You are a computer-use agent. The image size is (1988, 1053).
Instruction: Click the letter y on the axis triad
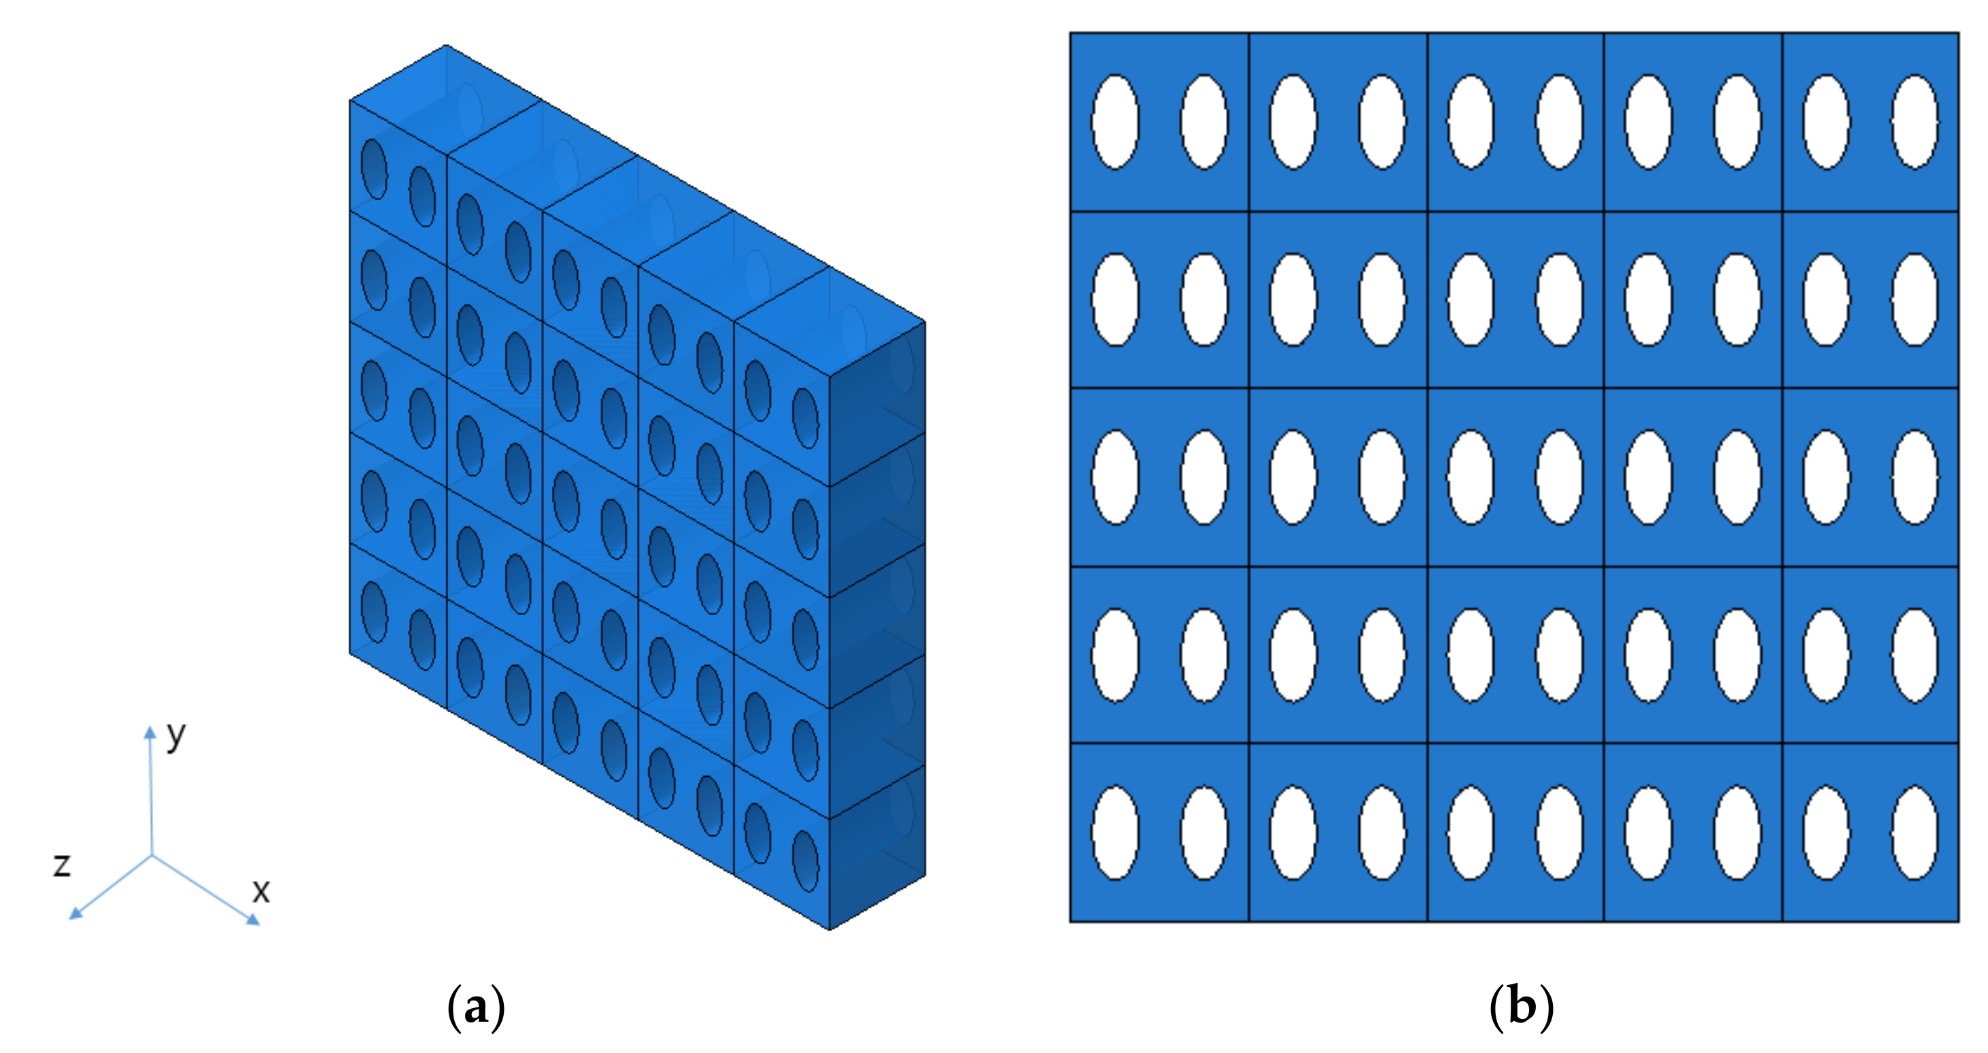tap(177, 737)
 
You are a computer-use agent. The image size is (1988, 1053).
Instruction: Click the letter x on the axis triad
tap(262, 892)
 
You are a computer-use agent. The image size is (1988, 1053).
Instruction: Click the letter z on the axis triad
tap(62, 865)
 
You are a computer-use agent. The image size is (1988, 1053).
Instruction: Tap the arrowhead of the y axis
tap(150, 732)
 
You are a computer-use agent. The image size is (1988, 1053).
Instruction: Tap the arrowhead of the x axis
tap(253, 919)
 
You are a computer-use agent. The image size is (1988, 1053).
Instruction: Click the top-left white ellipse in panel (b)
tap(1115, 121)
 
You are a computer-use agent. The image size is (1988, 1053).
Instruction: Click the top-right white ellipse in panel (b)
tap(1915, 121)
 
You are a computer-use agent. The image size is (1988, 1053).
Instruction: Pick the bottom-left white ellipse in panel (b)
tap(1115, 833)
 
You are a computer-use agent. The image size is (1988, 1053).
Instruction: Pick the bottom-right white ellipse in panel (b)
tap(1915, 833)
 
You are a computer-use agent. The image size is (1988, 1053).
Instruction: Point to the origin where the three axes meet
tap(152, 855)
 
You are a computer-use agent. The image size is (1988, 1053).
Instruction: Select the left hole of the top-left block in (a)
tap(375, 168)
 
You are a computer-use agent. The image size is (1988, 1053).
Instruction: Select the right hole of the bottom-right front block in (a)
tap(806, 860)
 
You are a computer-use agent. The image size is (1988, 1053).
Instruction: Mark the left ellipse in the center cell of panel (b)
tap(1471, 477)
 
